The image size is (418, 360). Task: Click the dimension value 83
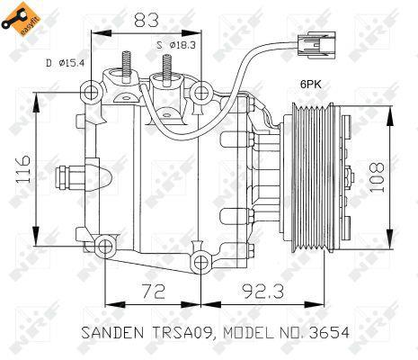(147, 20)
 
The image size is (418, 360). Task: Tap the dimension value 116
(23, 169)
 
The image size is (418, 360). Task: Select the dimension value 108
(377, 178)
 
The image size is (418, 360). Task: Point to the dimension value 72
(153, 291)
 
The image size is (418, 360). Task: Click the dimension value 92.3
(262, 291)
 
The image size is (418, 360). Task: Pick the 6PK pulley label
(311, 85)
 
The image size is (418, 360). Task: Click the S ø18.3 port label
(176, 45)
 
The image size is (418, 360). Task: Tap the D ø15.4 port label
(65, 63)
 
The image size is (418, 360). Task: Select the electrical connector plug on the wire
(316, 45)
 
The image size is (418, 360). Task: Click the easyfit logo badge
(21, 19)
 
